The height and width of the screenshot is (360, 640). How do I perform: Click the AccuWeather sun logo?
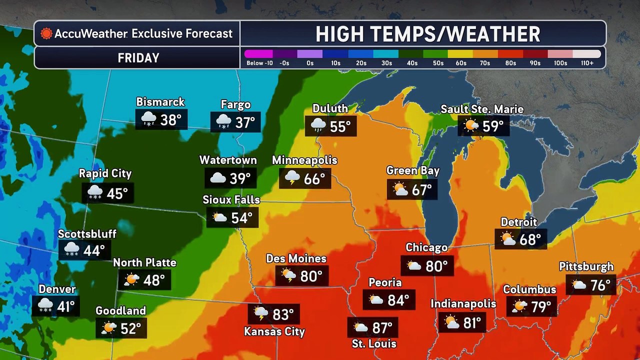pos(46,33)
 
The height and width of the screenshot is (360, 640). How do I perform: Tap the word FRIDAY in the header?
pos(138,58)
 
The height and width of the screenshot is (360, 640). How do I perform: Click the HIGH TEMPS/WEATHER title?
pos(427,34)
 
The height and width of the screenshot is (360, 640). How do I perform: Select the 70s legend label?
pos(485,63)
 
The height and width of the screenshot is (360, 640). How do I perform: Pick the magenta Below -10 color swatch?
pos(258,53)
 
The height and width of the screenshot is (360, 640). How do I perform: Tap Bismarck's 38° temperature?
pos(170,120)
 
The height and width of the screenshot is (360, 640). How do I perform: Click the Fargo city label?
pos(235,105)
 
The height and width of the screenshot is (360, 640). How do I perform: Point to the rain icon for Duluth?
pos(317,126)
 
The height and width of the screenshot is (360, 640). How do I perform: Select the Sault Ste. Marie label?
pos(482,109)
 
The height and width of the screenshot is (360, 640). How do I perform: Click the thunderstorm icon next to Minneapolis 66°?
pos(292,178)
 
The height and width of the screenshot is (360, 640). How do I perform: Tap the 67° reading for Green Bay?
pos(421,190)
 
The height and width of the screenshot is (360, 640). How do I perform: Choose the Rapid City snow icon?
pos(94,192)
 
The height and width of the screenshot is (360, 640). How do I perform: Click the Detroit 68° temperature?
pos(529,239)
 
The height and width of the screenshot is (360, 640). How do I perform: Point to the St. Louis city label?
pos(374,344)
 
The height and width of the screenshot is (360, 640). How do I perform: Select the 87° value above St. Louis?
pos(382,328)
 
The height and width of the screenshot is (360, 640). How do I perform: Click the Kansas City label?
pos(274,331)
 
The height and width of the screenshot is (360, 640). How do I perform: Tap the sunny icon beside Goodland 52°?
pos(108,328)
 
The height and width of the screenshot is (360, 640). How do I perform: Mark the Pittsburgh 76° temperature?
pos(600,285)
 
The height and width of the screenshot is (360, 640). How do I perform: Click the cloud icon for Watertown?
pos(217,178)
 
